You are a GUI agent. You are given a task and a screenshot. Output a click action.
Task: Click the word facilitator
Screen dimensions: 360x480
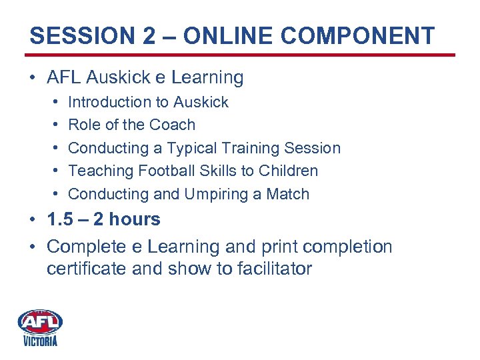click(269, 269)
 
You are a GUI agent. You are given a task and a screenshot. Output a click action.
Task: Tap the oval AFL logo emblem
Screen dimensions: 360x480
click(41, 322)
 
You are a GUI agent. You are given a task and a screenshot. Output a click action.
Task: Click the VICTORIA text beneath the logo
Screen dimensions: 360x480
click(41, 341)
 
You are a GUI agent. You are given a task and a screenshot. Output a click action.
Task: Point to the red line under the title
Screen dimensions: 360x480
click(240, 55)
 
